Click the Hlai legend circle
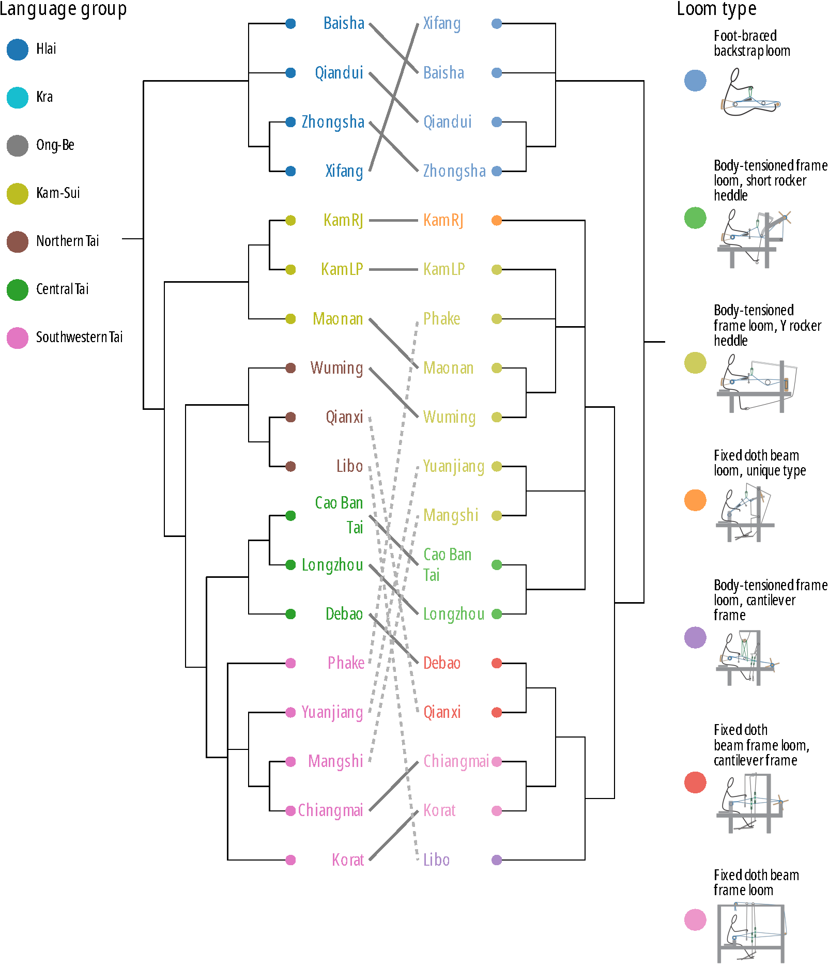tap(18, 50)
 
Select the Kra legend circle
tap(18, 98)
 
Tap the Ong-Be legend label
tap(55, 145)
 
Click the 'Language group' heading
tap(63, 9)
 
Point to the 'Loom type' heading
tap(716, 9)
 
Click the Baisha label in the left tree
tap(344, 23)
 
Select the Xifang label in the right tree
tap(441, 23)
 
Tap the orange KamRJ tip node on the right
tap(497, 221)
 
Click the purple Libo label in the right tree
tap(436, 860)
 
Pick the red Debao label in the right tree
tap(441, 663)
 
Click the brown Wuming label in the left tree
tap(336, 368)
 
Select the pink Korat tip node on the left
tap(290, 860)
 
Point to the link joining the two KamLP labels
tap(393, 269)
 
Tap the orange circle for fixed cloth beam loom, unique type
tap(695, 500)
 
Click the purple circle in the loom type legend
tap(695, 637)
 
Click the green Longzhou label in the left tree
tap(332, 565)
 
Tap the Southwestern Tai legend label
tap(79, 337)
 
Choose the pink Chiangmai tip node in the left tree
tap(290, 811)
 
